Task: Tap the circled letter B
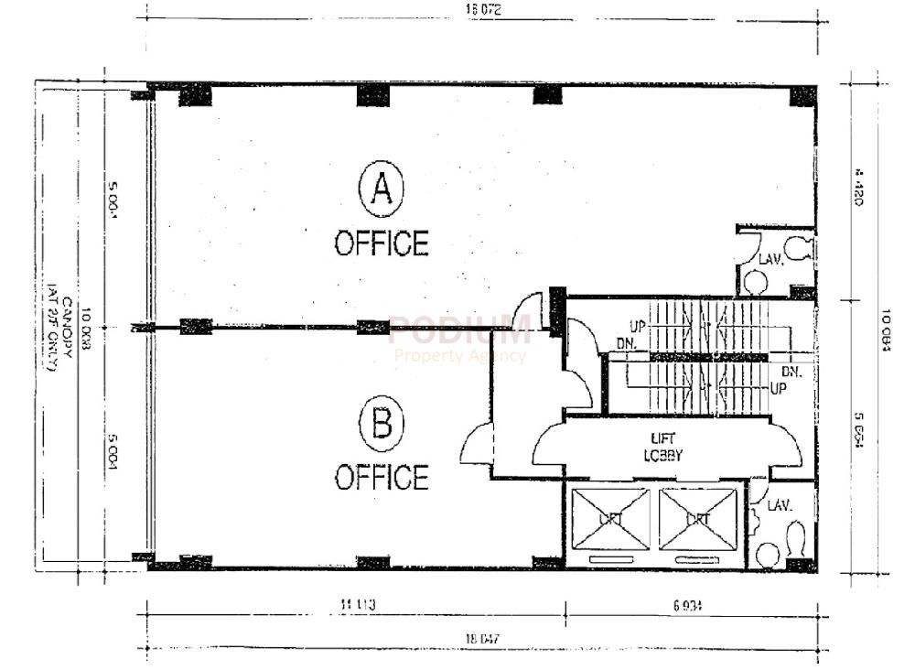click(x=382, y=426)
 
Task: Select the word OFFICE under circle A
click(x=382, y=243)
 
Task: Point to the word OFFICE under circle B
click(x=382, y=477)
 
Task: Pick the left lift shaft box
click(x=610, y=519)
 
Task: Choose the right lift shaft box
click(x=698, y=519)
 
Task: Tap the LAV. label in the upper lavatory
click(x=771, y=260)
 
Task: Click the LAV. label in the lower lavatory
click(x=779, y=504)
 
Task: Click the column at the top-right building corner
click(x=802, y=95)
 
